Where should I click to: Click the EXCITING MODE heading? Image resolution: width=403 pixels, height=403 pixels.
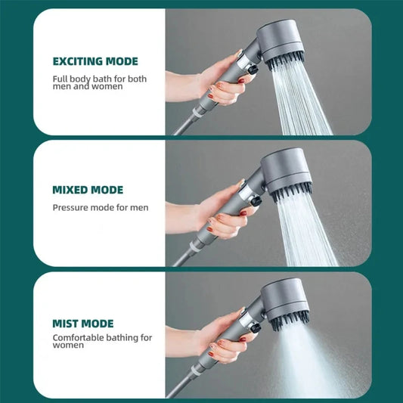pos(95,61)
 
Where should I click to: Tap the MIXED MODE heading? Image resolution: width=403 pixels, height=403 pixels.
pos(87,190)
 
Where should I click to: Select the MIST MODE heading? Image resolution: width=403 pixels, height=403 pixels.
pos(83,323)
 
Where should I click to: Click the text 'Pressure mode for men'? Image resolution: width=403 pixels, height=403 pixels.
pos(100,207)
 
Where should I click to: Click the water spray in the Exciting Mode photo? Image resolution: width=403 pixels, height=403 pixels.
pos(299,98)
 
